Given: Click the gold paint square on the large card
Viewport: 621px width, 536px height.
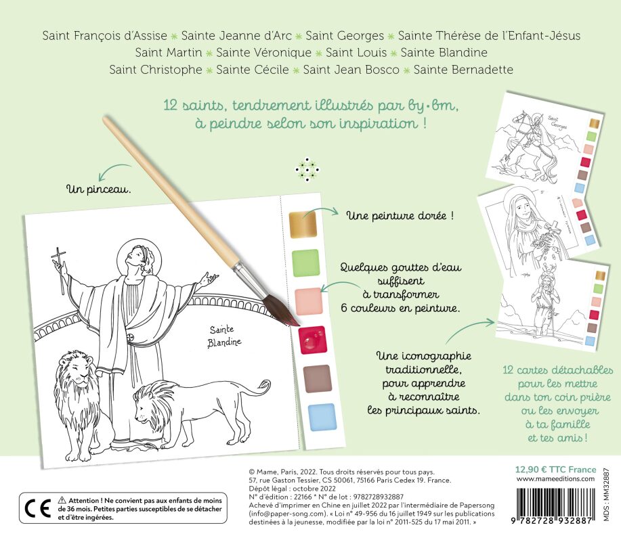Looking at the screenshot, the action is [303, 225].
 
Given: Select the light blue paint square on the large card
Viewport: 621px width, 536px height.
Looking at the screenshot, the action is [322, 417].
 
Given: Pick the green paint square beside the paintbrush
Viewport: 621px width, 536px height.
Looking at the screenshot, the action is [305, 263].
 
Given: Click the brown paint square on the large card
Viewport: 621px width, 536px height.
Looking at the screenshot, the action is [317, 379].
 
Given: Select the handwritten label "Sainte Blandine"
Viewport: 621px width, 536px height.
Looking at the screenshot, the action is [225, 336].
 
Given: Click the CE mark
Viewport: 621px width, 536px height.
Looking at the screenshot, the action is [38, 508].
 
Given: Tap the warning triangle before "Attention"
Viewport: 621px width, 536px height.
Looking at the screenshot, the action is [62, 500].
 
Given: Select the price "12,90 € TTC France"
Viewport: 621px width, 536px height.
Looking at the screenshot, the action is [555, 470].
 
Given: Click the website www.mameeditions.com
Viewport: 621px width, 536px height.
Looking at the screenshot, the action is [555, 478].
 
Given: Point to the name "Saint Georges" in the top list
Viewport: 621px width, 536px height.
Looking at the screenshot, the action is [345, 36].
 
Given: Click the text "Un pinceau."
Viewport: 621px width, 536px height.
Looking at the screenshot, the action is [99, 189].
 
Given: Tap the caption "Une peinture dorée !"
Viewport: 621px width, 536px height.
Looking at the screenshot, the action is [400, 216].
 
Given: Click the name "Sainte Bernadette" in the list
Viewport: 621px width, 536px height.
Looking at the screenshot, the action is [463, 70].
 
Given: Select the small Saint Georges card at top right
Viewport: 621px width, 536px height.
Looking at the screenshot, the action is [544, 143].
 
